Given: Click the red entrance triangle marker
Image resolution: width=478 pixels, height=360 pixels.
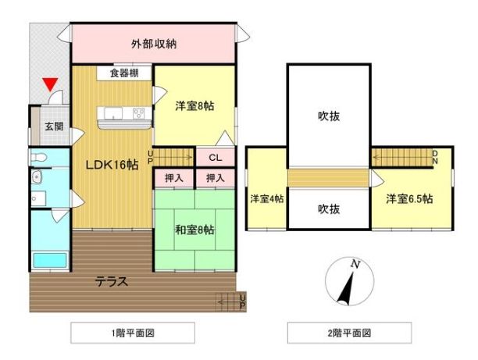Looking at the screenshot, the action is tap(50, 84).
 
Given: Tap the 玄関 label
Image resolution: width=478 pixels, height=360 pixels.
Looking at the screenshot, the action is tap(54, 127).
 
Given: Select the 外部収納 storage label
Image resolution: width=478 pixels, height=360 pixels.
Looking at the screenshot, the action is tap(154, 45).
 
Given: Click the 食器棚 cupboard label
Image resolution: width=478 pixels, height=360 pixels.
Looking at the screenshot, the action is tap(124, 73).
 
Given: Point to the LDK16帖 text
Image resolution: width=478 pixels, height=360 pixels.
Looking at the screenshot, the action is tap(112, 165).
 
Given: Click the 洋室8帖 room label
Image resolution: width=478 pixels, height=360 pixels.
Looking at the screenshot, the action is tap(194, 105).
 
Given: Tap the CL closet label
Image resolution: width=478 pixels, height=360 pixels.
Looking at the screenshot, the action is tap(216, 158).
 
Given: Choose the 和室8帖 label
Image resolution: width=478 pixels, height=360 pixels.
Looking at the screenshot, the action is tap(194, 230).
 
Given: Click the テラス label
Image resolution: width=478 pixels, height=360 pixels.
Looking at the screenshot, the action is tap(112, 281).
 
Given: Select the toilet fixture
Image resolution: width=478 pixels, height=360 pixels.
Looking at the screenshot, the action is tap(37, 158).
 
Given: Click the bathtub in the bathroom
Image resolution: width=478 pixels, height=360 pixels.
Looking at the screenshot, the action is tap(49, 260).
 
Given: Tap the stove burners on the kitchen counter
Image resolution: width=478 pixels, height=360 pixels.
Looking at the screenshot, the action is tap(139, 114).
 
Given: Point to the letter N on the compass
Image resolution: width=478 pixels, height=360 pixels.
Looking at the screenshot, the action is tap(355, 264).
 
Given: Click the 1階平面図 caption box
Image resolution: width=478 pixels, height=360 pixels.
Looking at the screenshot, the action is tap(133, 333).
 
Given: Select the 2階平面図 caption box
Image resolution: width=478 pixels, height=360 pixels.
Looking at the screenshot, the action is tap(349, 333).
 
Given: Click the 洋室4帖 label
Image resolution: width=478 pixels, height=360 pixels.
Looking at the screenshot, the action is tap(267, 199).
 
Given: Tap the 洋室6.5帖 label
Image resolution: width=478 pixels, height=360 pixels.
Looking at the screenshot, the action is tap(409, 199).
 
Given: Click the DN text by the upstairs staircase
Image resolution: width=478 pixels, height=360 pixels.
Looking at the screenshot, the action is tap(435, 157).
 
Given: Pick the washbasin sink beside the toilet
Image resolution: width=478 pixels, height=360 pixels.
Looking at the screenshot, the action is tap(37, 176).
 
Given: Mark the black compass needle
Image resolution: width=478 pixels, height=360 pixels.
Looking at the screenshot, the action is tap(347, 289).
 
